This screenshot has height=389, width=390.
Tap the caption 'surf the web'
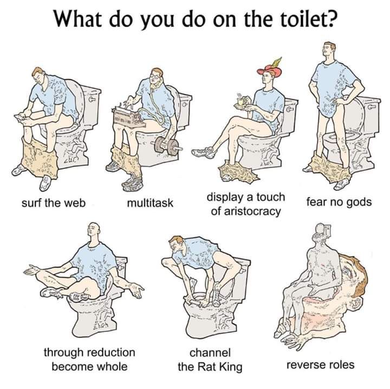click(54, 203)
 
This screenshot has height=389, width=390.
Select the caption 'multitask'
click(150, 203)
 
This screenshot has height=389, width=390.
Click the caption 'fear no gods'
click(339, 202)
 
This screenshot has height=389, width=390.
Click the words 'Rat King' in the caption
click(220, 367)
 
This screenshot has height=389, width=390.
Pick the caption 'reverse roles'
click(320, 365)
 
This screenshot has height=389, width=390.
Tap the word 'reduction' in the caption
click(110, 352)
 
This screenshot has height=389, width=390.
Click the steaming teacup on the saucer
click(240, 101)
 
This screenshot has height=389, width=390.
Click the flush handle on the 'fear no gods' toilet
click(373, 107)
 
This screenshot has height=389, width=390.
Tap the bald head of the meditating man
click(94, 228)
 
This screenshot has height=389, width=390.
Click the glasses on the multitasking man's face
click(155, 75)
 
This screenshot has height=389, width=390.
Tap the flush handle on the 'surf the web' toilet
click(92, 99)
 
